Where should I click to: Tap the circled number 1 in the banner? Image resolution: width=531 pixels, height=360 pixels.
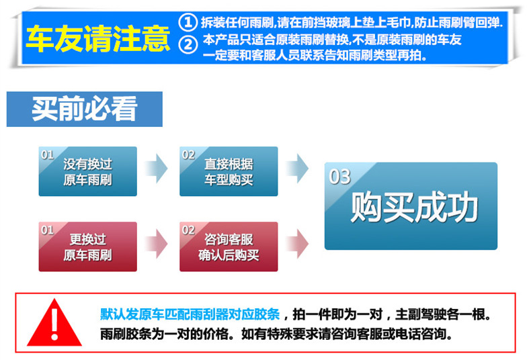[x=190, y=21]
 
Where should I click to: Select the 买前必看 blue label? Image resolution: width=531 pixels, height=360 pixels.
[x=85, y=109]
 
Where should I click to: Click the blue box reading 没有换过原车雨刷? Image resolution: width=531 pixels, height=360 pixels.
[x=87, y=172]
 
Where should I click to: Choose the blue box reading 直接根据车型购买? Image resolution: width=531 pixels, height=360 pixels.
[x=229, y=172]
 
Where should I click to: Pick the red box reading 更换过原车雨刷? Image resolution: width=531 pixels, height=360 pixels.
[x=87, y=246]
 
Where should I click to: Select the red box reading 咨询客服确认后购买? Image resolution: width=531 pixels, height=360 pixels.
[x=229, y=246]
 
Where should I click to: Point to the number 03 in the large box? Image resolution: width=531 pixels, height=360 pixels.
[x=340, y=177]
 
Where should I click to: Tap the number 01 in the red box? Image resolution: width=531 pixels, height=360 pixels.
[x=47, y=230]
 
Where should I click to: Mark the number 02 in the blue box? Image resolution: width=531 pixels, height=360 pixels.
[x=189, y=155]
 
